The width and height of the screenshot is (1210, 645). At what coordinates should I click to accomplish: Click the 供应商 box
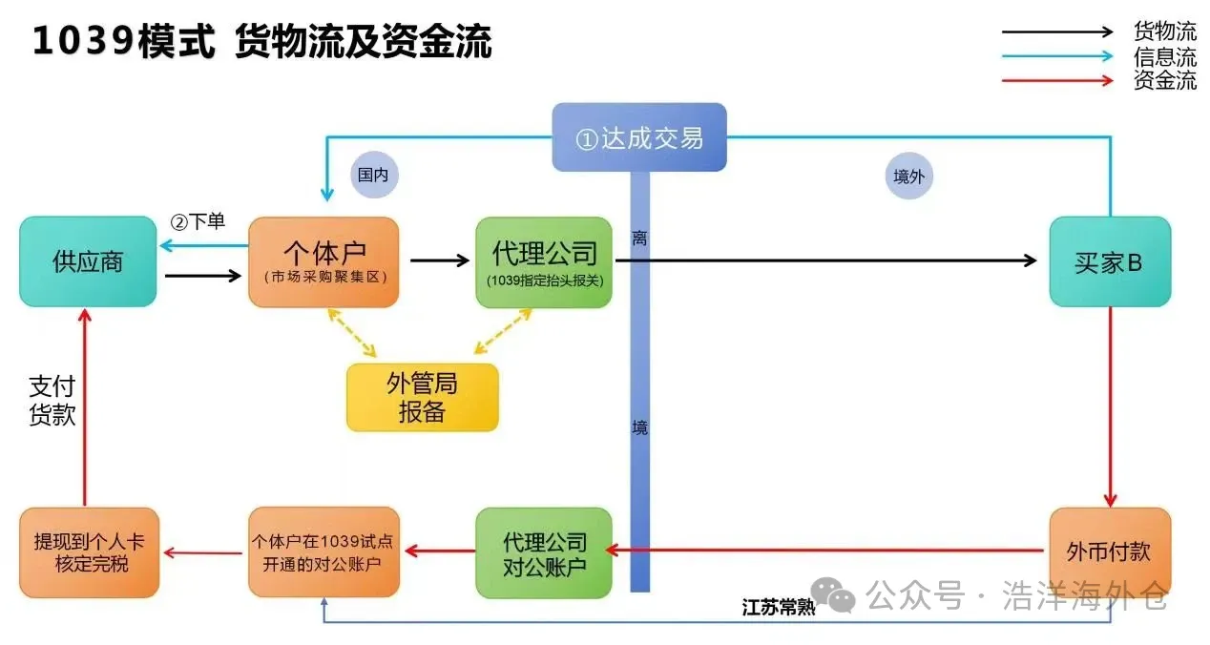coord(88,261)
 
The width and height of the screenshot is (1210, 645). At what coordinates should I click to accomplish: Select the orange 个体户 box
coord(323,261)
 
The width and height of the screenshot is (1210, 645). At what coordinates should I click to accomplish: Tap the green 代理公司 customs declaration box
coord(544,261)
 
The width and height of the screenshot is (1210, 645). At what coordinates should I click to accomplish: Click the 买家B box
coord(1109,261)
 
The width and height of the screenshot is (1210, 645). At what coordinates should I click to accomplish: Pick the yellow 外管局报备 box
coord(422,397)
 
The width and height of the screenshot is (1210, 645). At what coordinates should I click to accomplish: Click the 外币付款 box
coord(1109,552)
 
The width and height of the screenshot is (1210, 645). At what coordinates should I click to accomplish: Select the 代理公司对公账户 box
coord(544,552)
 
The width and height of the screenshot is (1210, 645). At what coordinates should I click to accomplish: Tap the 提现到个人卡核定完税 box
coord(89,552)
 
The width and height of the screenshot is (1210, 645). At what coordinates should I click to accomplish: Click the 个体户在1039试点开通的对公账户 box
coord(323,552)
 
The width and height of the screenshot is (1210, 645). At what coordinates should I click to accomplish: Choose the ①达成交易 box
coord(639,137)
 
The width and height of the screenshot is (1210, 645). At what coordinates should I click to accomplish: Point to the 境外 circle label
coord(908,176)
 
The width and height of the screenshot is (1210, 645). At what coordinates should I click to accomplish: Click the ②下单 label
coord(198,221)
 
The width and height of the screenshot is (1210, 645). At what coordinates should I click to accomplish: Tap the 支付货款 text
coord(52,401)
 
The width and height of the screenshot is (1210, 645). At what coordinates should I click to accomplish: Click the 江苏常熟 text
coord(779,608)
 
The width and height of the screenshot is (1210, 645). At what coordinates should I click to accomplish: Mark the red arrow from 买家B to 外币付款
coord(1109,406)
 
